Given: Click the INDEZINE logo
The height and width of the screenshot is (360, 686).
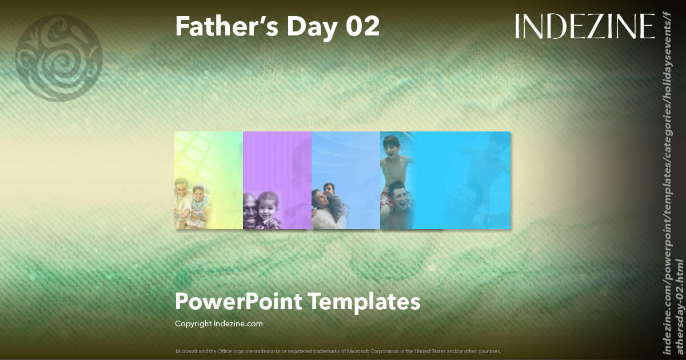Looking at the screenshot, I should pyautogui.click(x=584, y=26).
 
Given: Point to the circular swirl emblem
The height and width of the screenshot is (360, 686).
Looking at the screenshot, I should pyautogui.click(x=59, y=58).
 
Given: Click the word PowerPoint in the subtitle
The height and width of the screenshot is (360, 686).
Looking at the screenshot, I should pyautogui.click(x=238, y=301).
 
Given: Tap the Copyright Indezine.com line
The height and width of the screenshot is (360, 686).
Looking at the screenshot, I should pyautogui.click(x=218, y=323).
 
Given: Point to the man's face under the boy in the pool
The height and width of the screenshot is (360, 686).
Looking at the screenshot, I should pyautogui.click(x=400, y=199).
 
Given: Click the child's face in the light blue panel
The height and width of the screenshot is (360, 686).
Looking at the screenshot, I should pyautogui.click(x=330, y=189).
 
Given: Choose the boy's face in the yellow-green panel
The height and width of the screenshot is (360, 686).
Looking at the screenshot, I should pyautogui.click(x=198, y=195).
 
